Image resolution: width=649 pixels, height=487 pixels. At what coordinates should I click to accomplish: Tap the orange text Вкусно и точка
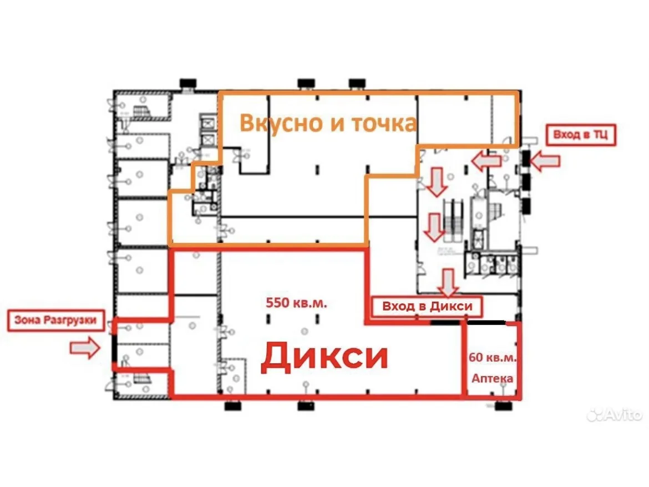[x=328, y=123]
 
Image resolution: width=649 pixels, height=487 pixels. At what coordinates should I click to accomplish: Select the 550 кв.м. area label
[x=296, y=303]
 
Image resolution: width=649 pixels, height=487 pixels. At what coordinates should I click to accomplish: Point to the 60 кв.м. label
[x=493, y=357]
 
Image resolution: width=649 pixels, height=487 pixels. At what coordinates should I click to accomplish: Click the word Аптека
[x=493, y=378]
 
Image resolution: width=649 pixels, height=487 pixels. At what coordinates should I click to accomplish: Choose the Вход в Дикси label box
[x=427, y=307]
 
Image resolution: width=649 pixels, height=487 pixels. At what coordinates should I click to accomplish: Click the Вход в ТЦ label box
[x=581, y=135]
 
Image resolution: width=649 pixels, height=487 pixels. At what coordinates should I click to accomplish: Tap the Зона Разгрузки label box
[x=55, y=320]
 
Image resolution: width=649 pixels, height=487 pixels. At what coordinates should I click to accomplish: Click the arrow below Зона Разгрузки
[x=85, y=348]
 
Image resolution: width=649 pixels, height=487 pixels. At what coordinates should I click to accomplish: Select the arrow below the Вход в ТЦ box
[x=545, y=161]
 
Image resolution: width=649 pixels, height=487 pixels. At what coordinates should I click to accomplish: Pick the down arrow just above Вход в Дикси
[x=448, y=282]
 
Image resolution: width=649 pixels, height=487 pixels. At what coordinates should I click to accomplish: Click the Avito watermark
[x=615, y=414]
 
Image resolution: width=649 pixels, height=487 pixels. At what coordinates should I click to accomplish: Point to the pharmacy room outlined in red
[x=491, y=359]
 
